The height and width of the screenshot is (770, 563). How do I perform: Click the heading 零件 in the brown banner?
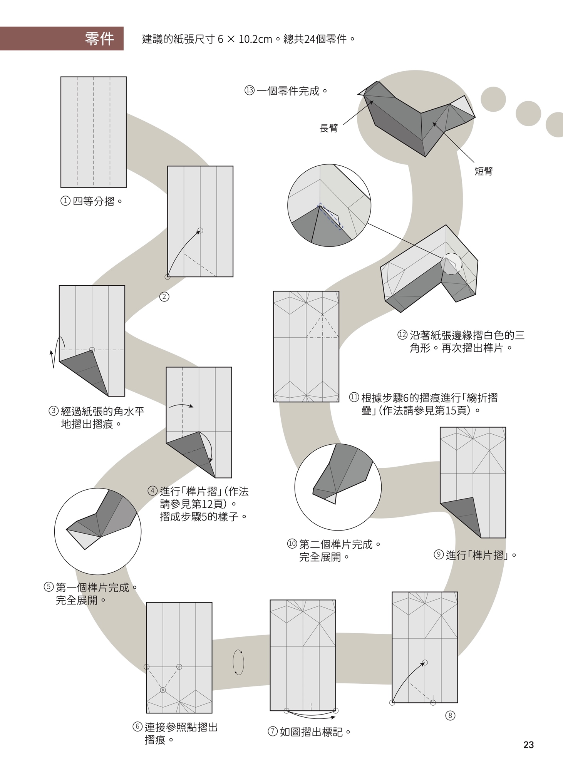(x=99, y=39)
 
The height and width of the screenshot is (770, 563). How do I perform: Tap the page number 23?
(x=528, y=745)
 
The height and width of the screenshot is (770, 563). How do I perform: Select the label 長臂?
(x=328, y=128)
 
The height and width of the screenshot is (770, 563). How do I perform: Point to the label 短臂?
(x=483, y=171)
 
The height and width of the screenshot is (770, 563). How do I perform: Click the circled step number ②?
(x=164, y=296)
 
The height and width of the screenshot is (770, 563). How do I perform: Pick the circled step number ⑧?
(x=450, y=715)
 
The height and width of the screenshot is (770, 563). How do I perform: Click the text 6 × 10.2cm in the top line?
(x=245, y=39)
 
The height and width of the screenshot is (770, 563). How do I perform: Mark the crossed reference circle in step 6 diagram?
(x=163, y=690)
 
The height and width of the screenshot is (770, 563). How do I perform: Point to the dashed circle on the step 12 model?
(x=451, y=263)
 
